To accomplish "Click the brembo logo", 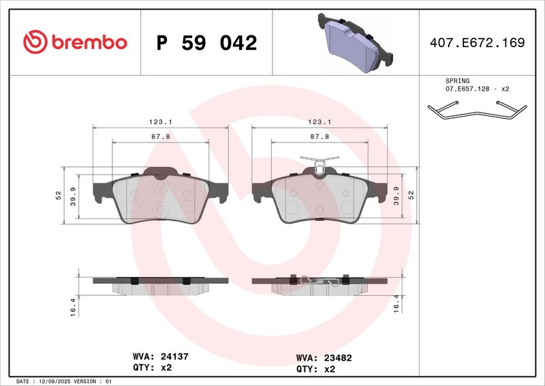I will [75, 42].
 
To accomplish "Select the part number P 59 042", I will [206, 43].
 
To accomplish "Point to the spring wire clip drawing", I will [476, 109].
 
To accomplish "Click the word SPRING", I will [458, 80].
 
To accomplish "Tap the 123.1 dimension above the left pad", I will [160, 121].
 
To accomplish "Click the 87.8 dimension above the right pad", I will [320, 136].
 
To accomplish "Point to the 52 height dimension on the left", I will [59, 195].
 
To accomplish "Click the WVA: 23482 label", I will [324, 357].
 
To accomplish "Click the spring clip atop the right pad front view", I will [320, 164].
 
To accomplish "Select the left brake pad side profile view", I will [160, 284].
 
